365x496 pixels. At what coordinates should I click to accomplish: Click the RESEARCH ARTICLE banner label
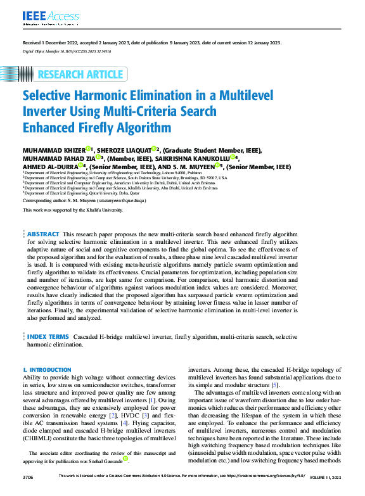tap(80, 75)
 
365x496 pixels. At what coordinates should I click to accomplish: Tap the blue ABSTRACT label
tap(43, 234)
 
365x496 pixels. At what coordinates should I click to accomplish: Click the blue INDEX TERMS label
tap(48, 337)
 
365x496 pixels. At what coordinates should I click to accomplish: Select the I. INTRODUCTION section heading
tap(47, 369)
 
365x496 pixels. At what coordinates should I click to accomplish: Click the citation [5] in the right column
tap(274, 385)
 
